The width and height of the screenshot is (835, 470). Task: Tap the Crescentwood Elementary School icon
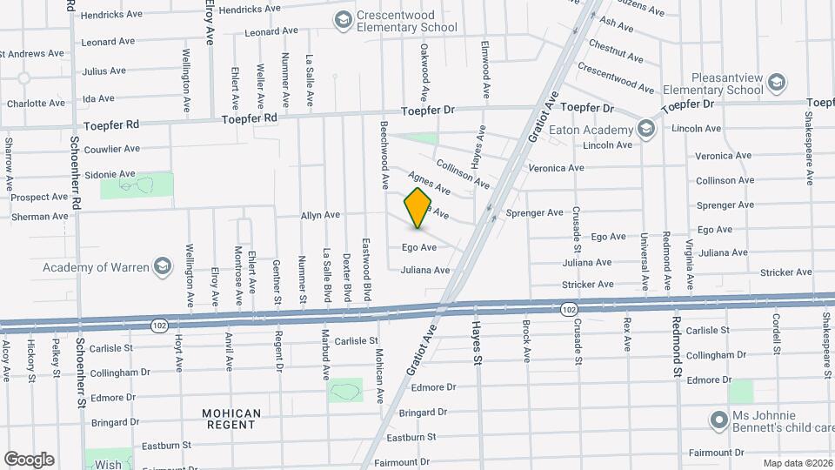(343, 19)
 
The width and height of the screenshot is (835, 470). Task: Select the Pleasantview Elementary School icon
(777, 84)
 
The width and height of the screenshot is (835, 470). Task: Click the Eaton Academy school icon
(645, 130)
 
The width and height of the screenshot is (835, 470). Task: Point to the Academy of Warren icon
(162, 265)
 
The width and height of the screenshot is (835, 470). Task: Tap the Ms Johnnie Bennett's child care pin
(718, 420)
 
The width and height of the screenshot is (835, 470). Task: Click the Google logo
(29, 459)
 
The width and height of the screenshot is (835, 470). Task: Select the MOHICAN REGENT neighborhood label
(231, 419)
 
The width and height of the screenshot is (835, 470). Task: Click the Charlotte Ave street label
(36, 103)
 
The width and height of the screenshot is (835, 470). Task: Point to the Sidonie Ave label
(110, 173)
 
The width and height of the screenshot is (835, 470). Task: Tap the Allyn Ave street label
(320, 214)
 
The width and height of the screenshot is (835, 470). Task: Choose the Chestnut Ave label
(616, 50)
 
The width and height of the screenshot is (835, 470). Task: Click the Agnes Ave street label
(429, 183)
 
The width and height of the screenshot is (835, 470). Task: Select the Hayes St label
(477, 341)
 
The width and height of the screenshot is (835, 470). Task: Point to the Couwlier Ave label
(113, 149)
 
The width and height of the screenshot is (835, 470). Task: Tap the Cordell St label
(775, 334)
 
